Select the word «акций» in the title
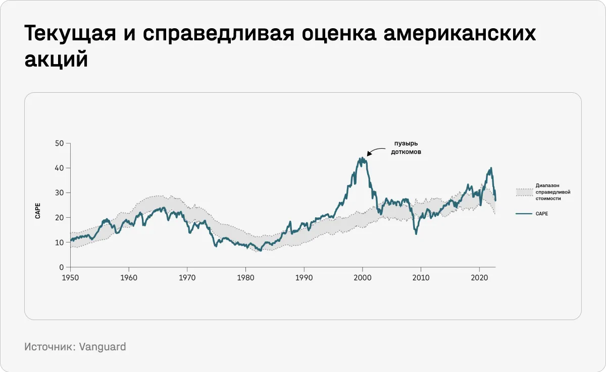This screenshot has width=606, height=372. pyautogui.click(x=56, y=59)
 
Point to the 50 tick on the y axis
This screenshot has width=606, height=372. pyautogui.click(x=60, y=143)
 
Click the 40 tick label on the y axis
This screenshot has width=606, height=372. pyautogui.click(x=60, y=168)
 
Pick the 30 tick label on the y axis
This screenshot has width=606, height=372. pyautogui.click(x=60, y=193)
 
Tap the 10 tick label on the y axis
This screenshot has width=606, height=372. pyautogui.click(x=60, y=242)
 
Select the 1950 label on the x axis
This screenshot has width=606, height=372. pyautogui.click(x=70, y=277)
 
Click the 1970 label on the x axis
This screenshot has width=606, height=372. pyautogui.click(x=187, y=277)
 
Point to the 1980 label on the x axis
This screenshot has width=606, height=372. pyautogui.click(x=245, y=277)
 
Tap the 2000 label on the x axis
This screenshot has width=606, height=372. pyautogui.click(x=362, y=277)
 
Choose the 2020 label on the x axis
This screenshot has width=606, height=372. pyautogui.click(x=479, y=277)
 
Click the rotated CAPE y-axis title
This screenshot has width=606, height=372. pyautogui.click(x=38, y=210)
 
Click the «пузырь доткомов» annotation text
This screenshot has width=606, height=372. pyautogui.click(x=406, y=147)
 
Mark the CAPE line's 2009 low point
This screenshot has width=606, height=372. pyautogui.click(x=416, y=233)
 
